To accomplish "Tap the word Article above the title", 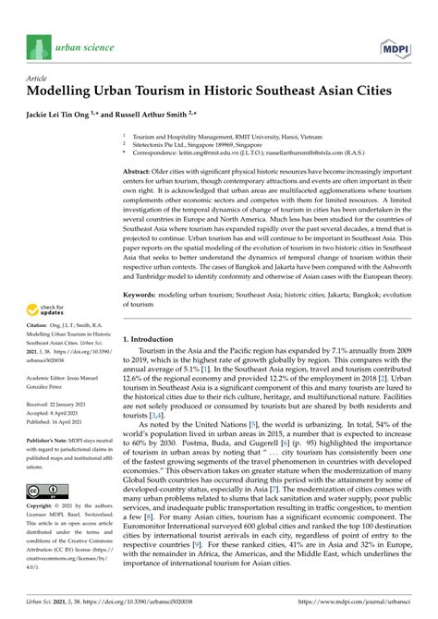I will point(39,79).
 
